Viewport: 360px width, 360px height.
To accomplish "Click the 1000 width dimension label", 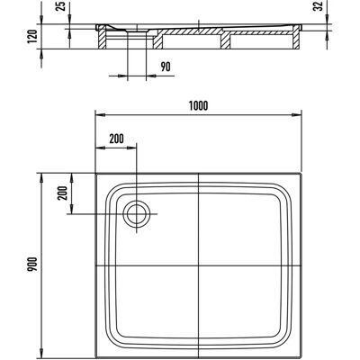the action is point(199,105).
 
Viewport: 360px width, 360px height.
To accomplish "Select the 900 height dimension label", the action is point(32,265).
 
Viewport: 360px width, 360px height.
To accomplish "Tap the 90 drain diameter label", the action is point(166,67).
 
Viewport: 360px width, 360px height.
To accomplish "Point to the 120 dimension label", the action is point(32,36).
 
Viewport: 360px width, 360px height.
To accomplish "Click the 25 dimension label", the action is point(61,6).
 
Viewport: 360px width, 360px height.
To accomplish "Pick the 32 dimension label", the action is point(318,6).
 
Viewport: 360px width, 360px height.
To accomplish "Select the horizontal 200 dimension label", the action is point(116,139).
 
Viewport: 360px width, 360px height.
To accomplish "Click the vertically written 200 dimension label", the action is point(62,193).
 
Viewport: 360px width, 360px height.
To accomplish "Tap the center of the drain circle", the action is point(137,214).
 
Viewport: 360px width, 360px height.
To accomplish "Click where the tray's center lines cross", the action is point(199,266).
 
